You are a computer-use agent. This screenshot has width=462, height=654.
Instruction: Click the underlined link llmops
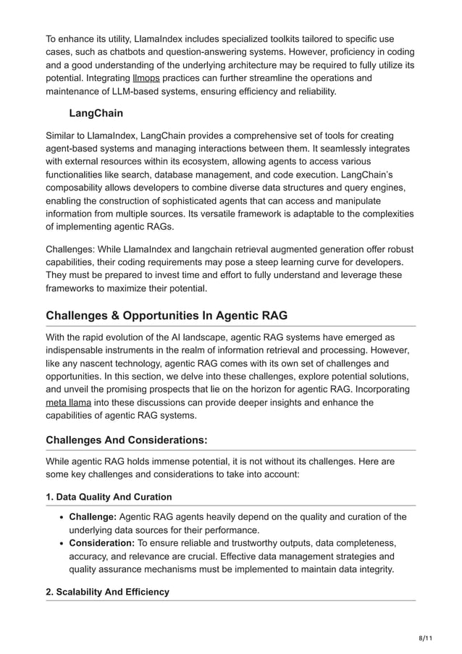click(146, 77)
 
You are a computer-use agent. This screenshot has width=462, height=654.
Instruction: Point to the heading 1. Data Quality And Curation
click(109, 496)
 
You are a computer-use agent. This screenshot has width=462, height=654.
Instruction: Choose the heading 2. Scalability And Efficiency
click(107, 592)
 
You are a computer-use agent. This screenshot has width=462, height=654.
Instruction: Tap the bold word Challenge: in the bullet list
click(93, 516)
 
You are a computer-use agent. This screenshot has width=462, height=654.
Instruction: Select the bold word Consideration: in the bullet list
click(102, 543)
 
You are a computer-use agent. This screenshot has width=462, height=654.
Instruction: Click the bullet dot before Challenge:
click(59, 517)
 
